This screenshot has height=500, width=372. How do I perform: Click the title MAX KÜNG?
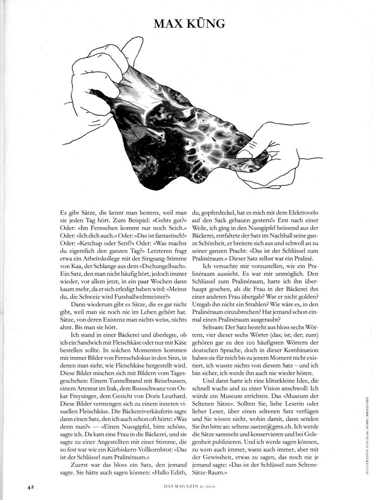click(x=190, y=24)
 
